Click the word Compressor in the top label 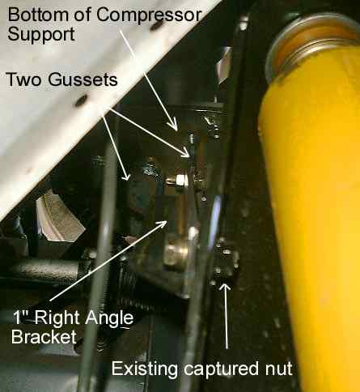tap(149, 15)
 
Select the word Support tap(41, 35)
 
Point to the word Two tap(24, 79)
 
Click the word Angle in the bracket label tap(109, 319)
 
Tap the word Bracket tap(44, 336)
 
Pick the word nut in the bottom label tap(279, 369)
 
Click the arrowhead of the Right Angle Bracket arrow tap(161, 224)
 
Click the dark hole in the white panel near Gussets tap(81, 100)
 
